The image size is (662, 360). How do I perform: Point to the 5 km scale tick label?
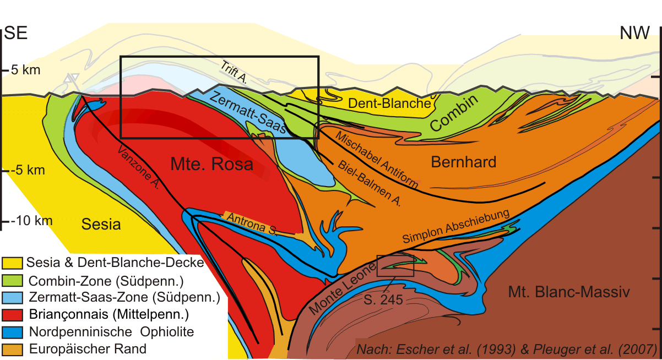pos(23,70)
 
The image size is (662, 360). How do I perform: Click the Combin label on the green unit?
pos(455,113)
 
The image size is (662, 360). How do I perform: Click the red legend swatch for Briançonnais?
pos(12,315)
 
